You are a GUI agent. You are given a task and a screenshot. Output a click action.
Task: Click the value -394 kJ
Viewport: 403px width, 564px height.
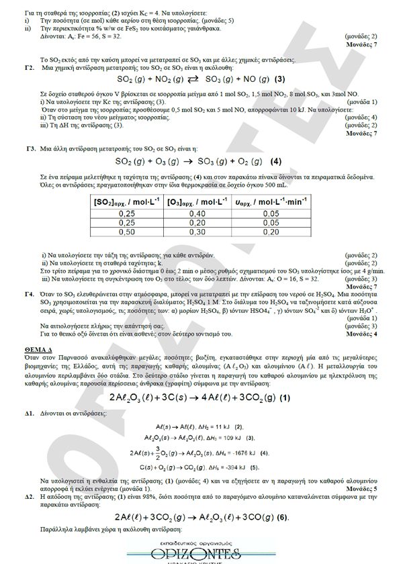(235, 466)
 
